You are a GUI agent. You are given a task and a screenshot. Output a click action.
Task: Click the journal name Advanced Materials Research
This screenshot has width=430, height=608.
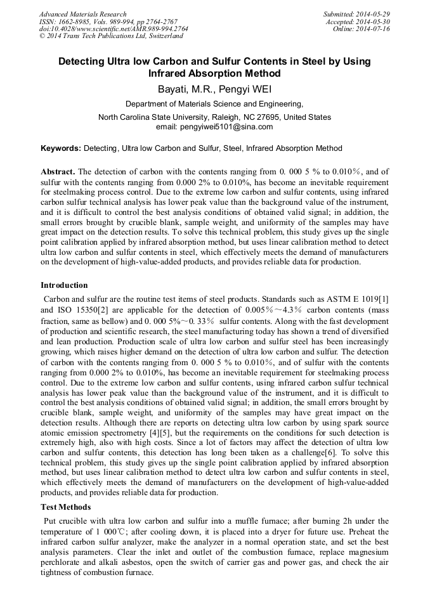[x=82, y=14]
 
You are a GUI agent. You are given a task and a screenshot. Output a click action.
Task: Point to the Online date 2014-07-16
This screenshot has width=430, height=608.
[x=375, y=29]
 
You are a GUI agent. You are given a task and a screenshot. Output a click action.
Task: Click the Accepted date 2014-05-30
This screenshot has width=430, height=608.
[x=375, y=22]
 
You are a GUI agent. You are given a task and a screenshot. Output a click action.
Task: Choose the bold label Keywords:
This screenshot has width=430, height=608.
[x=61, y=148]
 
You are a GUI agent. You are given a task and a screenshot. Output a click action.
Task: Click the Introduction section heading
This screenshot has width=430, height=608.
[x=64, y=285]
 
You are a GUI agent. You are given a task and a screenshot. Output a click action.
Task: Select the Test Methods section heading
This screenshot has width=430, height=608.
[x=66, y=507]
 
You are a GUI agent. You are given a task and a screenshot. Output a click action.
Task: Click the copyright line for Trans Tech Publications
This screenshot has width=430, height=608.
[x=111, y=36]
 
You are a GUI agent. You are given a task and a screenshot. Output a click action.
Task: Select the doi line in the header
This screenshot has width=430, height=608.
[x=113, y=29]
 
